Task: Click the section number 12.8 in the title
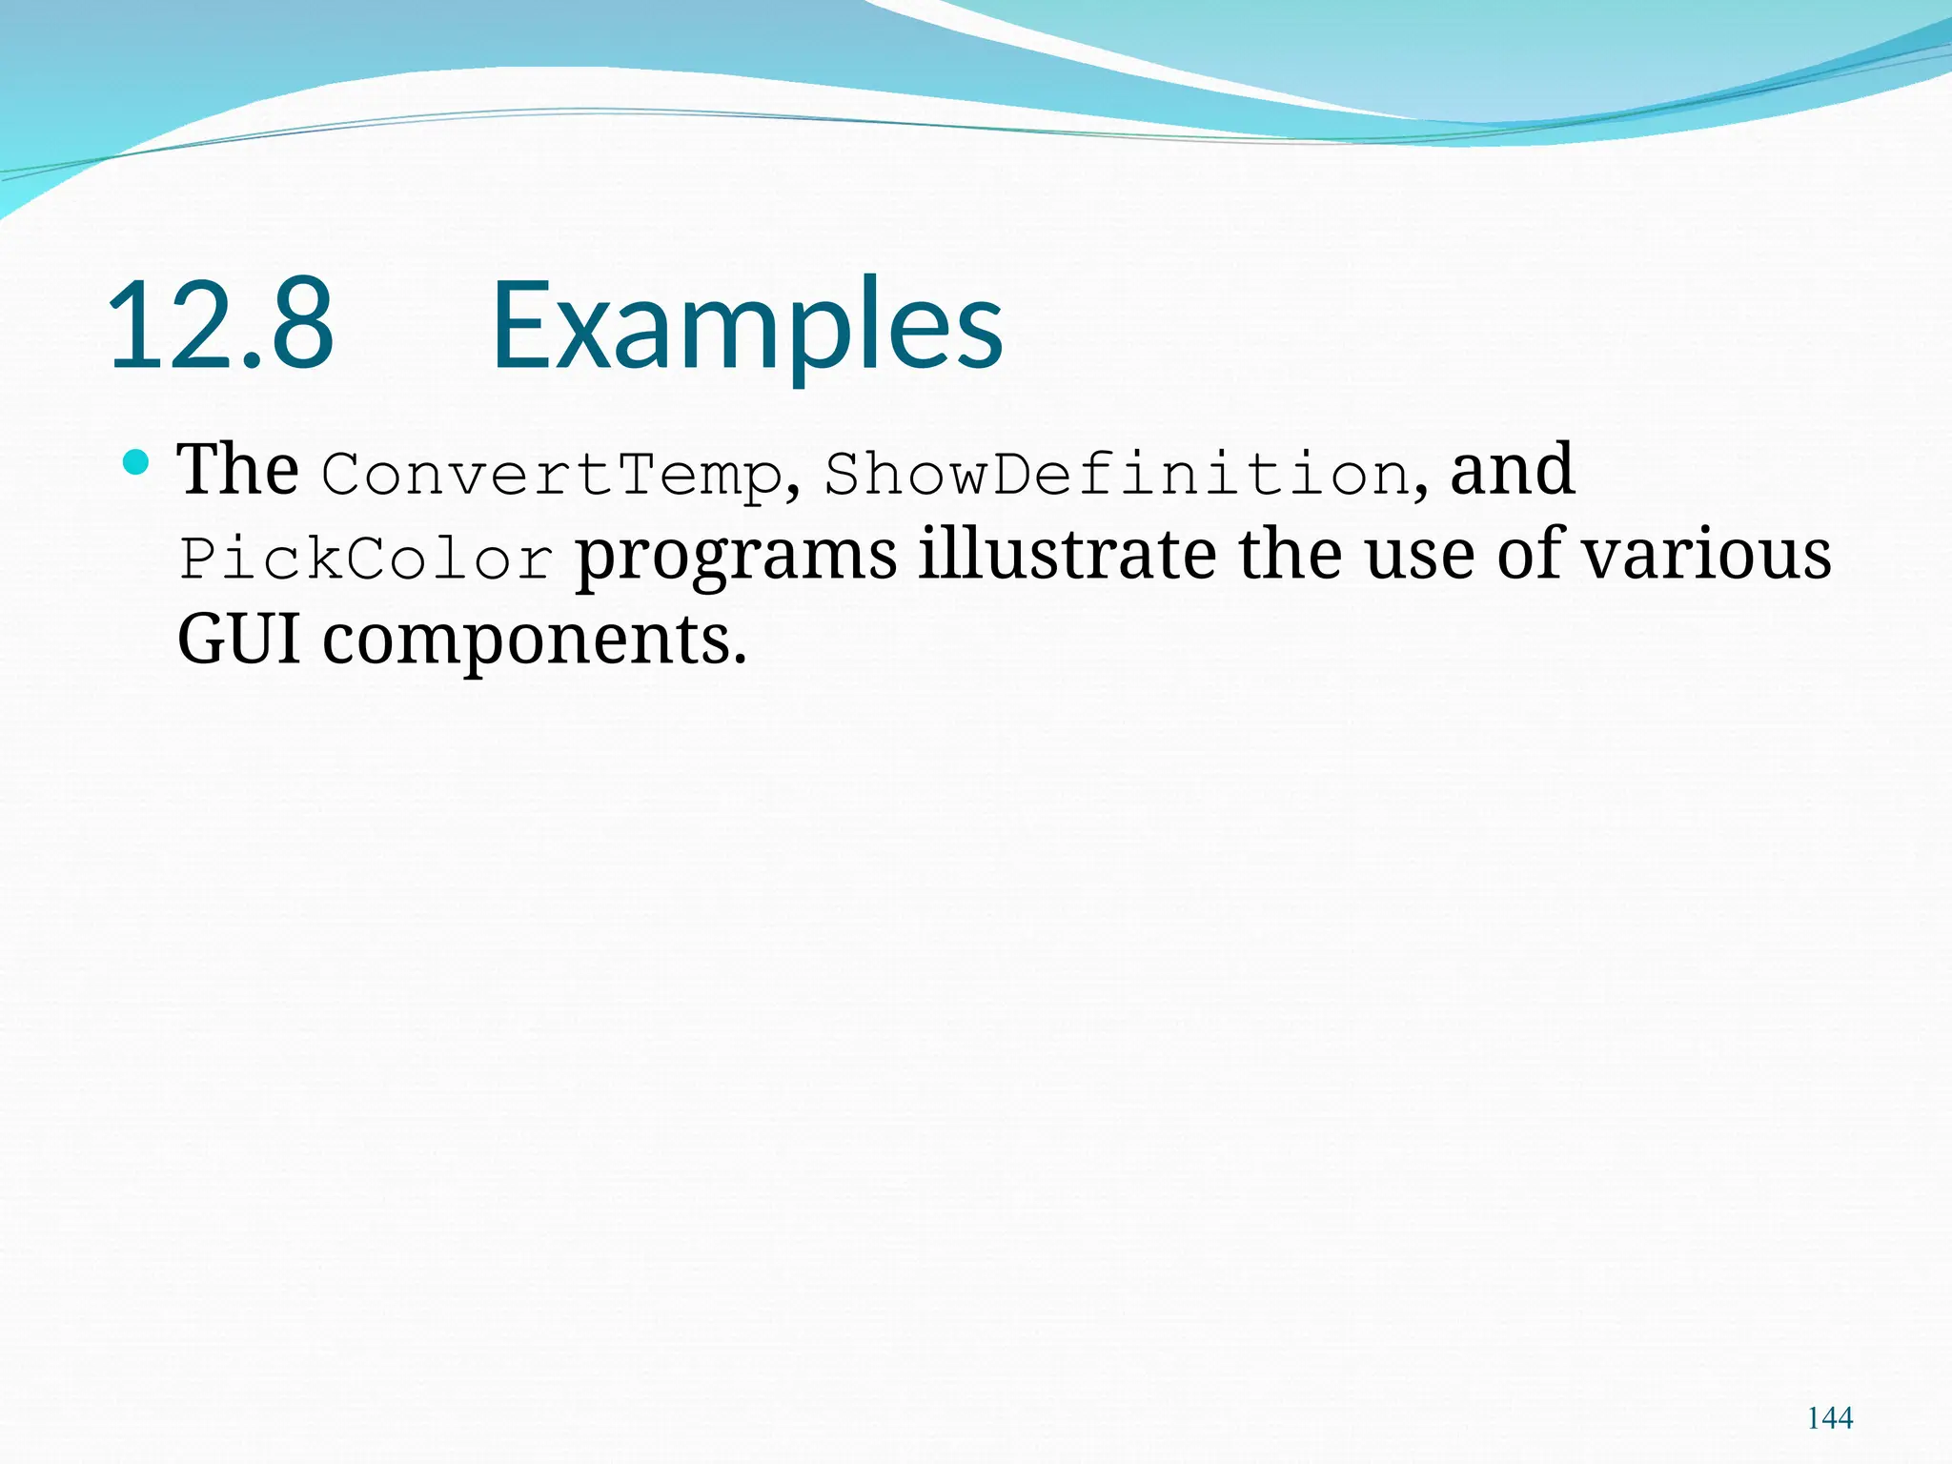[221, 325]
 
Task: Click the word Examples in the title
[747, 325]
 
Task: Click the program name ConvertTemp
[551, 475]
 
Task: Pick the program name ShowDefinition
[1116, 475]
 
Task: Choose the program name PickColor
[367, 559]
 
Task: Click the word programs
[737, 557]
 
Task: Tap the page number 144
[1830, 1418]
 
